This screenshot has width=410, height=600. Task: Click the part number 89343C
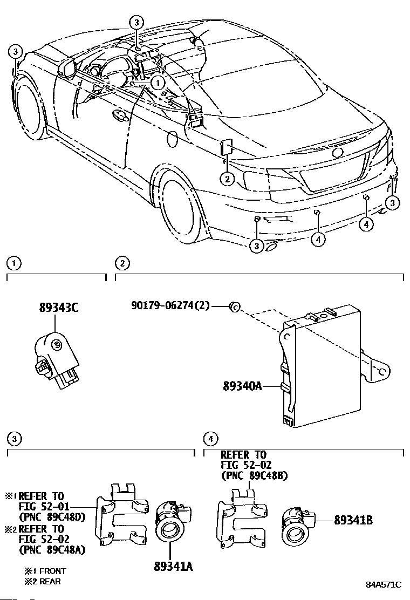coord(59,308)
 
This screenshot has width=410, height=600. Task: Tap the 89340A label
coord(242,386)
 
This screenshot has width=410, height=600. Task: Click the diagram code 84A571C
coord(384,584)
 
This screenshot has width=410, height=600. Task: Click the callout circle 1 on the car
coord(157,83)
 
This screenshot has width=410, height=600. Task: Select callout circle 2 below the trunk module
coord(228,179)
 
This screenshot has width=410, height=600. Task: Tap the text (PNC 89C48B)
coord(254,475)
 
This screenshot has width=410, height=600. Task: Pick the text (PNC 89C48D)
coord(52,517)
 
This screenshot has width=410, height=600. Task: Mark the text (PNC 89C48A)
coord(52,550)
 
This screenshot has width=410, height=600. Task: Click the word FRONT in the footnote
coord(52,570)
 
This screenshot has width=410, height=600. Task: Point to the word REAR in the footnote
coord(49,581)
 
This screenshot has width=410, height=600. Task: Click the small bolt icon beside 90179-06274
coord(234,306)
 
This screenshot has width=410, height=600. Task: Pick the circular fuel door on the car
coord(172,138)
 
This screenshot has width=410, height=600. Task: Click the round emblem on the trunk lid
coord(338,153)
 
